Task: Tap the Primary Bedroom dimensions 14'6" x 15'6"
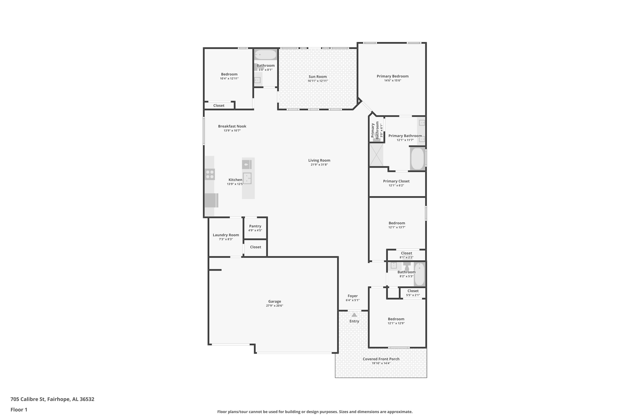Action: [x=392, y=81]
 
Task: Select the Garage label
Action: [x=274, y=301]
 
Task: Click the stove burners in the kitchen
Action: [x=210, y=174]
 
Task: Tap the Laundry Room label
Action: [x=226, y=235]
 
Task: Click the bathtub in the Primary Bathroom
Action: [x=417, y=159]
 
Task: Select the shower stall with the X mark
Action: [x=376, y=155]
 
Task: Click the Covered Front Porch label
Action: [x=381, y=359]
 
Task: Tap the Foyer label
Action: [x=353, y=296]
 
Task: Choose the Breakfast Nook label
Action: [x=232, y=126]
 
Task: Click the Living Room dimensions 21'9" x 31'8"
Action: [x=319, y=165]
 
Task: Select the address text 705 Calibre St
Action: [x=28, y=399]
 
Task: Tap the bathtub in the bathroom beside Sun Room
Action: [x=265, y=55]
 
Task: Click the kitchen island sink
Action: [x=247, y=178]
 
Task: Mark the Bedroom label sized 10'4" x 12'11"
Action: [x=229, y=74]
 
